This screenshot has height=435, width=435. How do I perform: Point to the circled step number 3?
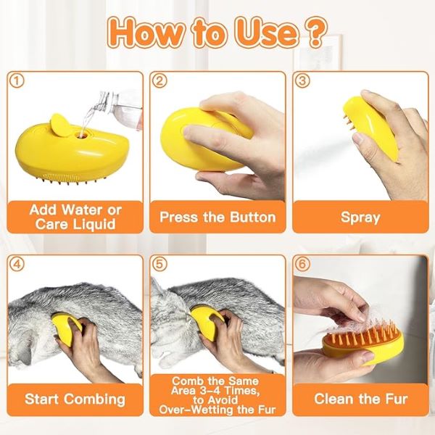[x=303, y=82]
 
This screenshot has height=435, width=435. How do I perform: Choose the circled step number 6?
[x=303, y=264]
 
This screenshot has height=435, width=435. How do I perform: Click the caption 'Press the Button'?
[x=217, y=217]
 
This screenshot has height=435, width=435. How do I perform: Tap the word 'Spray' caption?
[x=360, y=217]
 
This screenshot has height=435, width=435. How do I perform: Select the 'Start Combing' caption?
[x=75, y=399]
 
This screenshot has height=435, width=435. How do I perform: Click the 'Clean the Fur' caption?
[x=360, y=399]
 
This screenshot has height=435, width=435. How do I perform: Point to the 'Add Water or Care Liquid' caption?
[x=75, y=217]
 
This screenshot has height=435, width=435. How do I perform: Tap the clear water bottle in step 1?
[x=116, y=105]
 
